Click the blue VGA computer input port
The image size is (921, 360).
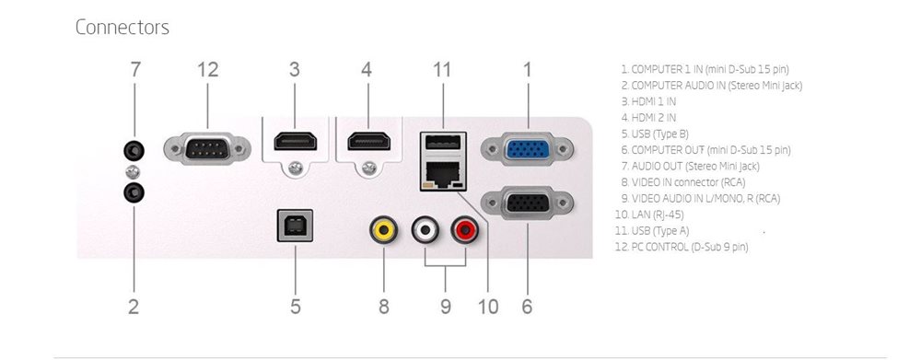tap(528, 149)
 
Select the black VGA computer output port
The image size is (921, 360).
tap(528, 203)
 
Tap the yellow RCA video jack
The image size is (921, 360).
tap(383, 230)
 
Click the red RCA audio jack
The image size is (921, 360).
tap(464, 230)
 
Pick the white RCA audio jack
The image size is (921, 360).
tap(426, 230)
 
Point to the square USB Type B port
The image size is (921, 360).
tap(295, 226)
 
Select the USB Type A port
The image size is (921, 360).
tap(443, 144)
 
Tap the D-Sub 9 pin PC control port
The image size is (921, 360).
tap(207, 148)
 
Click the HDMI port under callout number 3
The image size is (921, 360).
tap(295, 142)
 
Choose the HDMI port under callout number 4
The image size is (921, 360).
tap(369, 142)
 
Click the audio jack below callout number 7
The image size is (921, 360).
tap(134, 151)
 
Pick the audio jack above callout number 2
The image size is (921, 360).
tap(134, 192)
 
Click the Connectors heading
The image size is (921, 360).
tap(122, 27)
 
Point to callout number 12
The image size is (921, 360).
tap(208, 69)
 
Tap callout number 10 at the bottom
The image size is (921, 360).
tap(488, 306)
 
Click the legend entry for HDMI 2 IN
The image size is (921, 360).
tap(648, 118)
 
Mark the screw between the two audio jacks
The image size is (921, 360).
tap(134, 172)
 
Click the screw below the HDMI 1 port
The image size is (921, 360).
tap(296, 168)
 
